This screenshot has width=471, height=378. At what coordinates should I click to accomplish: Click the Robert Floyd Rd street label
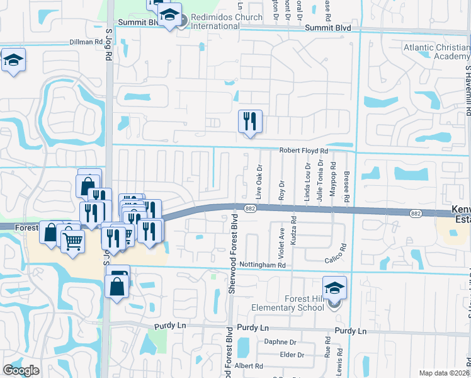tap(304, 151)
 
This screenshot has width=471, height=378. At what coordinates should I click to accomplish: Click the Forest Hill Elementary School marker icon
tap(335, 288)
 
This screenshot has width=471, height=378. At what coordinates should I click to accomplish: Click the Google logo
tap(21, 370)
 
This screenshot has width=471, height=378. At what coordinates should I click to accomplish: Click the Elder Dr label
tap(292, 355)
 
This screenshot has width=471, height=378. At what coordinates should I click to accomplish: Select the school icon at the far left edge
tap(13, 60)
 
